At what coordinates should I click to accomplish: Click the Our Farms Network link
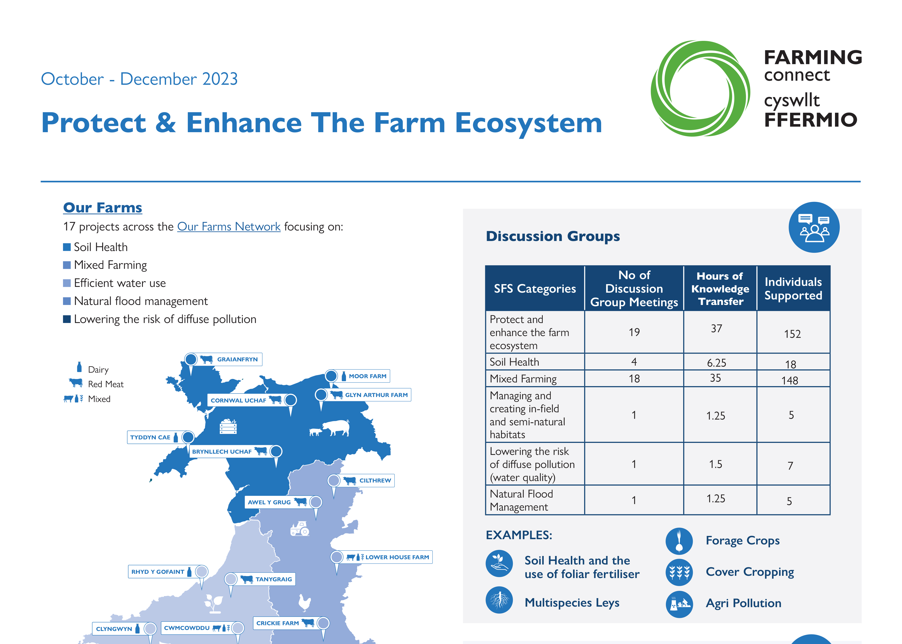click(x=229, y=226)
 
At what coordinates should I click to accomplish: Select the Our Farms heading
click(x=102, y=207)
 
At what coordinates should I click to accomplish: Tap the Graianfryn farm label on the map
click(x=237, y=359)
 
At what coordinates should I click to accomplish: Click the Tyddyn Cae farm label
click(x=150, y=437)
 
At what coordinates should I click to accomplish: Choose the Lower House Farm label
click(x=397, y=557)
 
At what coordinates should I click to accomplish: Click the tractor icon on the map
click(x=300, y=529)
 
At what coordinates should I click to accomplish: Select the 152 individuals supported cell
click(x=792, y=334)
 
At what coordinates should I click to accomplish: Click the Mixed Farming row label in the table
click(x=523, y=379)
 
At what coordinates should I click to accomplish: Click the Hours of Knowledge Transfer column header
click(x=720, y=288)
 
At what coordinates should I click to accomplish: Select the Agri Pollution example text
click(x=743, y=603)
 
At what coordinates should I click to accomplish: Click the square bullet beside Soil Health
click(x=67, y=247)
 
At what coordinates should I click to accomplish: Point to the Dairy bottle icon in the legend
click(x=79, y=367)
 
